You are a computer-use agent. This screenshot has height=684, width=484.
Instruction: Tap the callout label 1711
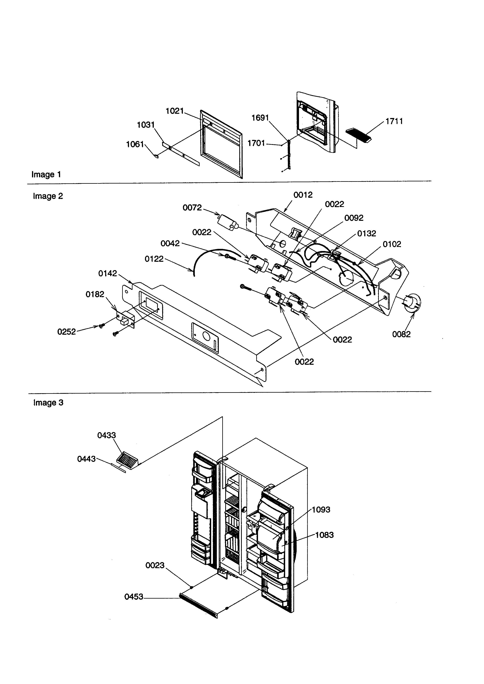(394, 121)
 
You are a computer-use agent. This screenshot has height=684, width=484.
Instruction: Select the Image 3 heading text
(48, 403)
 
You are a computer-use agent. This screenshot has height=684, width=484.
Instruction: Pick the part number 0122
(154, 259)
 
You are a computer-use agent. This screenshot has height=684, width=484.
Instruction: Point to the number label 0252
(67, 332)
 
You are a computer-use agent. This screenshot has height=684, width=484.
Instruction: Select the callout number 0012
(303, 195)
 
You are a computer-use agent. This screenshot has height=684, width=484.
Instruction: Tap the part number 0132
(367, 234)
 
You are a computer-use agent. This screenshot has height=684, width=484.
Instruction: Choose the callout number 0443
(86, 459)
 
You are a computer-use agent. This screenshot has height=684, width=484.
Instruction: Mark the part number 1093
(321, 510)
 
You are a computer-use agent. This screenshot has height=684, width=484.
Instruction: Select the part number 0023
(155, 565)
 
